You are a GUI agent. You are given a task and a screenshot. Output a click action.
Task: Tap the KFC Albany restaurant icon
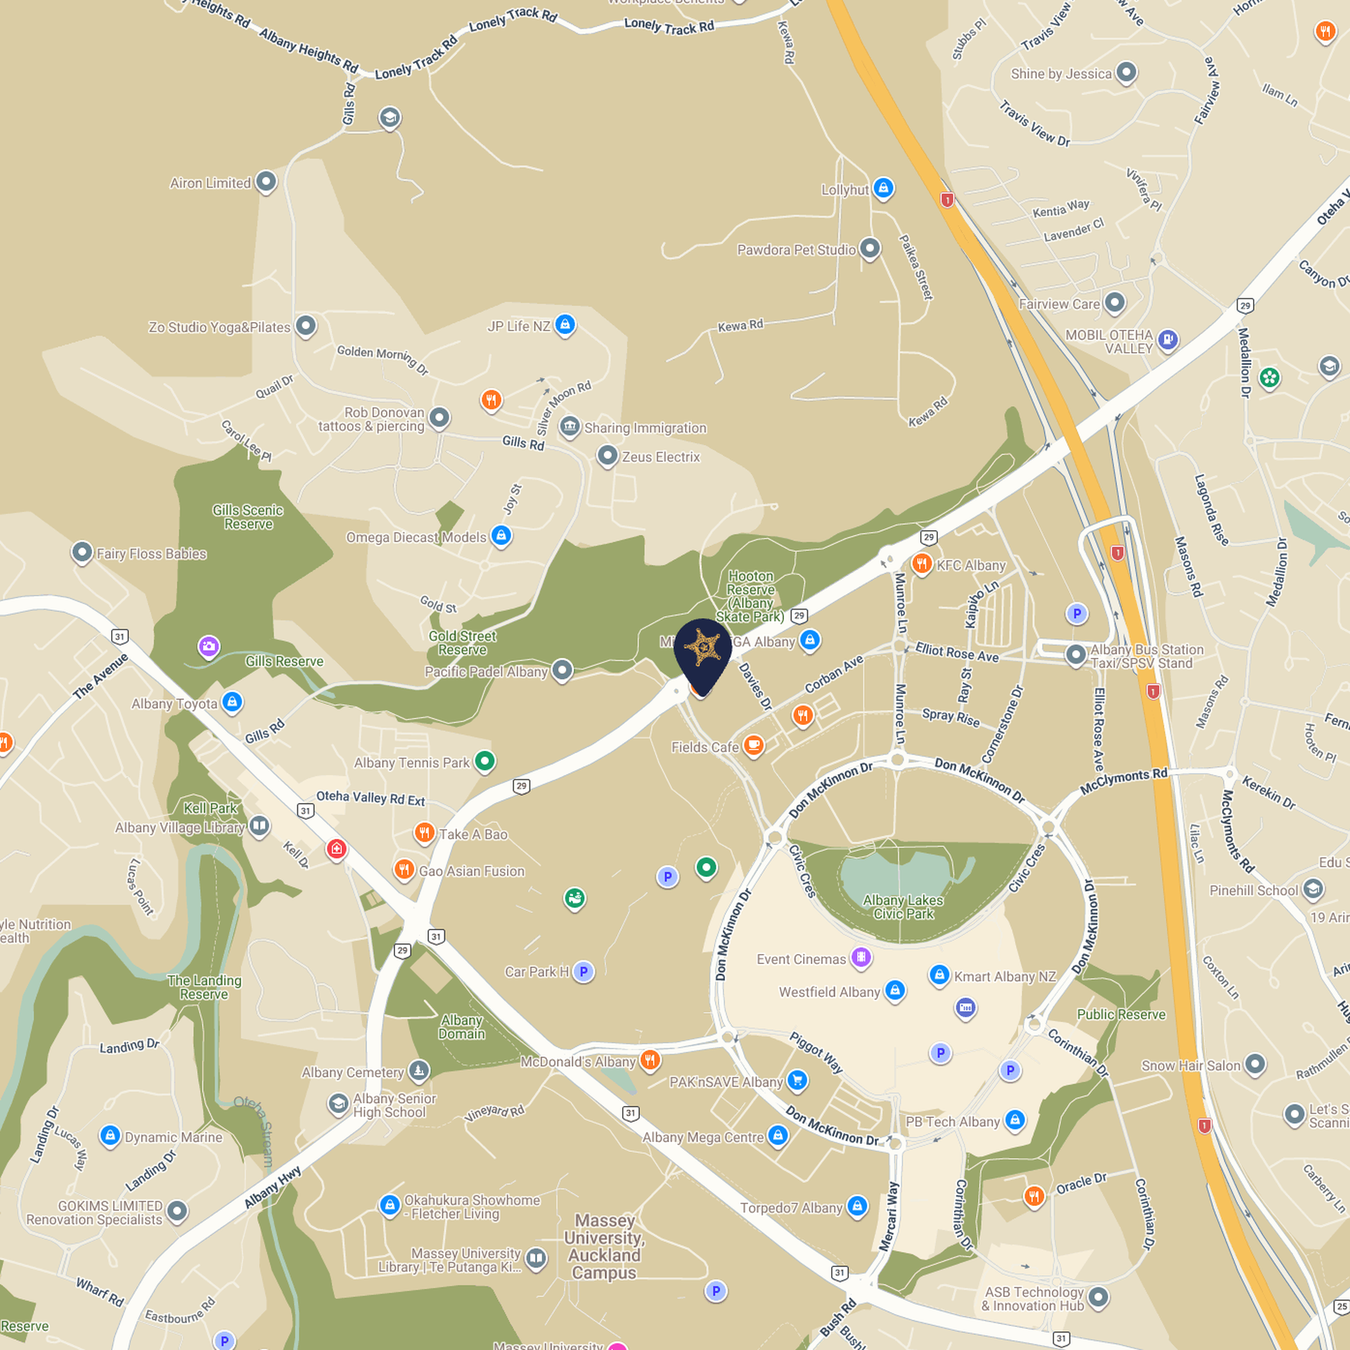921,563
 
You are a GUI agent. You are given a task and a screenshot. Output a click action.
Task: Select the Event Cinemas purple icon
861,957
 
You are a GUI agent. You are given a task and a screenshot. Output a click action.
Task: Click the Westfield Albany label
829,992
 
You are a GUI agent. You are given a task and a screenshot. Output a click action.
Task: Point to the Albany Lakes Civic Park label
903,907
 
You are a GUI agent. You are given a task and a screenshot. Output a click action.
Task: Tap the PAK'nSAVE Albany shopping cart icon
797,1080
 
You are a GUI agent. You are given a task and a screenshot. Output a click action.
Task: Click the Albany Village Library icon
259,825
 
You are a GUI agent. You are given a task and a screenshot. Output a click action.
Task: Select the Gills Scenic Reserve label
248,517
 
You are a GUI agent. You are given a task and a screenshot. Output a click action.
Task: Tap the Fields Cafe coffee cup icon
753,745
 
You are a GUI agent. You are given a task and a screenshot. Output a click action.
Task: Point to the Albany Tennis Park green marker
484,761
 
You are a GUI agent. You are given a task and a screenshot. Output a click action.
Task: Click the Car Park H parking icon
583,972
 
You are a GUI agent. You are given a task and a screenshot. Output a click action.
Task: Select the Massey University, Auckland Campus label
604,1246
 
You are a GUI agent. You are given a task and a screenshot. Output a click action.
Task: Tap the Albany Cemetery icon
418,1070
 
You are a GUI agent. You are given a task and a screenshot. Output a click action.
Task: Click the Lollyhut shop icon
883,188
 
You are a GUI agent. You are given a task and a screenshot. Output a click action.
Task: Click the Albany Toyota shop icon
232,702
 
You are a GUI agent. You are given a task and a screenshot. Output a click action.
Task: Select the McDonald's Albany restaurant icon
650,1060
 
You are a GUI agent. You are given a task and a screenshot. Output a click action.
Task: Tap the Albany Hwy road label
273,1187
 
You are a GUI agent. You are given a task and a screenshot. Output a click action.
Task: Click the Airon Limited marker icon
265,182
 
